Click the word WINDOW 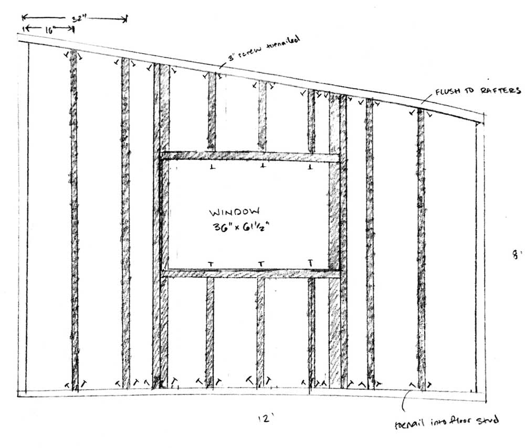pos(234,212)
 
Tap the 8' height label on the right pos(517,255)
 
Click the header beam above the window pos(250,157)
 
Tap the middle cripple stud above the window pos(262,116)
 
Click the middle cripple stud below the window pos(260,331)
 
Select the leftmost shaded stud pos(74,221)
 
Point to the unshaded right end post pos(480,258)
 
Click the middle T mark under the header pos(262,167)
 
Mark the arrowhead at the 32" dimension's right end pos(125,19)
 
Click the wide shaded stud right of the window pos(334,237)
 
